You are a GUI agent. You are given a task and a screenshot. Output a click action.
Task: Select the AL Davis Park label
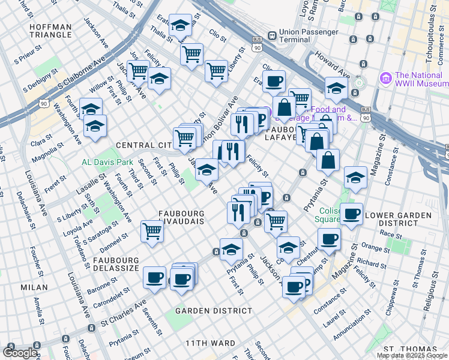click(x=107, y=162)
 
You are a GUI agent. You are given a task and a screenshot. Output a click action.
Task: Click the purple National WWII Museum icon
click(x=385, y=77)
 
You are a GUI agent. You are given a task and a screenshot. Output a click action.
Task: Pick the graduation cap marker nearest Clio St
click(x=180, y=25)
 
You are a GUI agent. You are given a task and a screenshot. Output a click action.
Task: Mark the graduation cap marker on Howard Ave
click(x=336, y=88)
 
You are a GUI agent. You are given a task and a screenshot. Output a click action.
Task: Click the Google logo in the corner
click(x=19, y=353)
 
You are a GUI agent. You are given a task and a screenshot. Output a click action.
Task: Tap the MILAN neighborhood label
click(x=34, y=287)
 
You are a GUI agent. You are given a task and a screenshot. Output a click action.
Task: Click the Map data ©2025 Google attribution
click(x=412, y=355)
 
